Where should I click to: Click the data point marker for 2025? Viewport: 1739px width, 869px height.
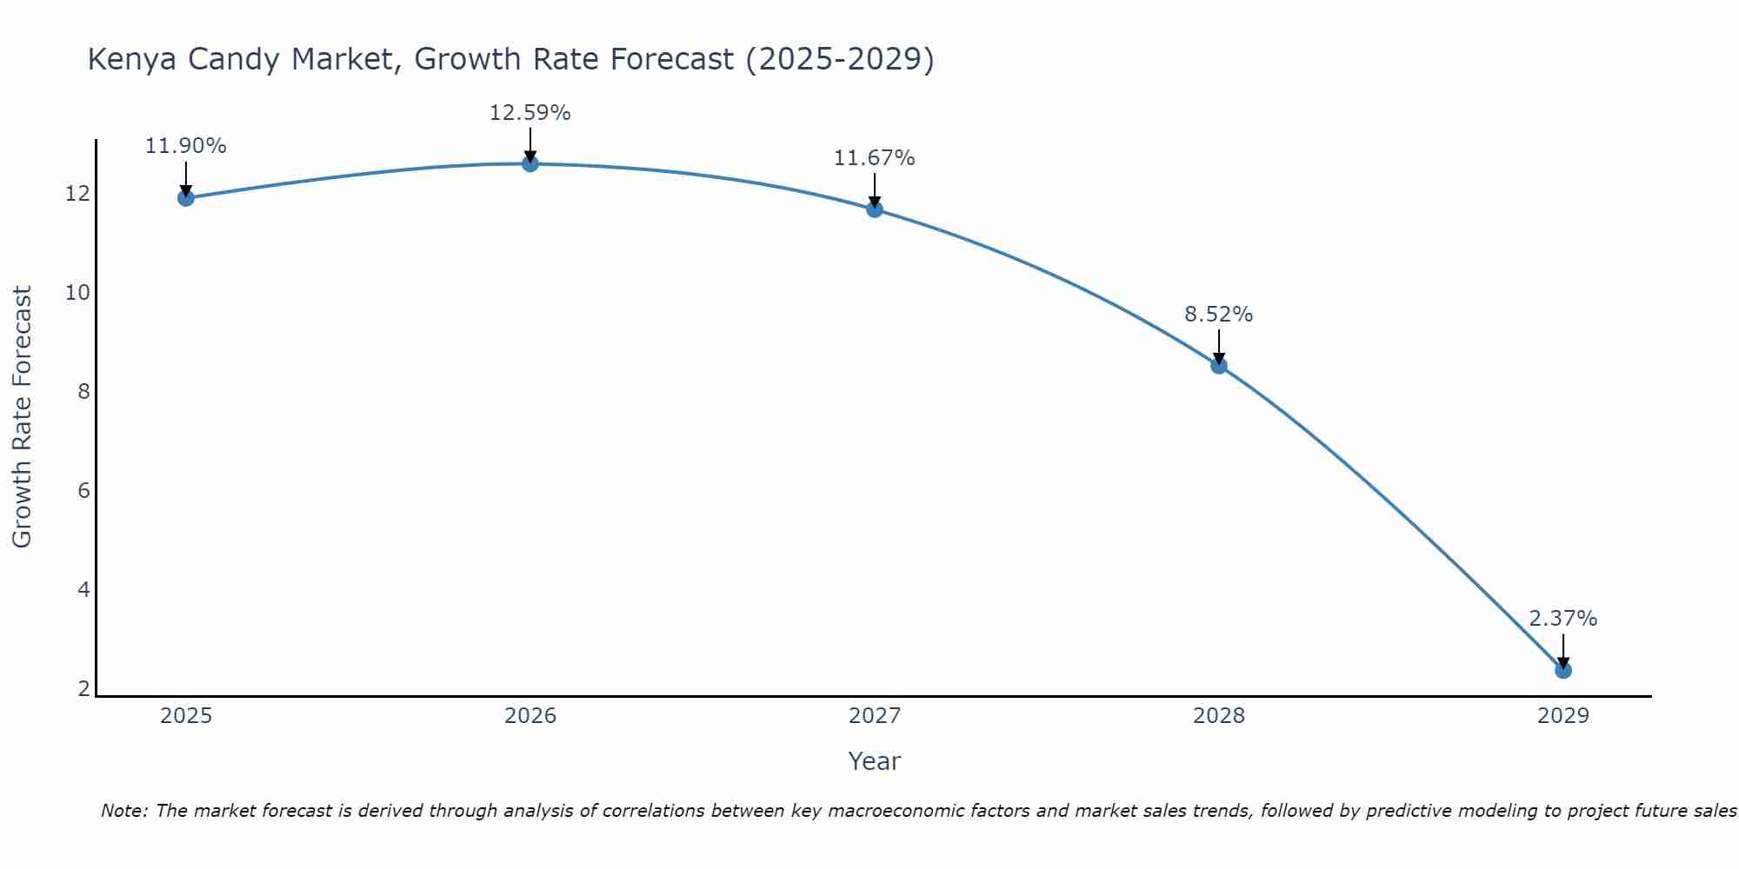(185, 198)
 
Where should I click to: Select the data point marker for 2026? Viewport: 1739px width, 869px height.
(530, 163)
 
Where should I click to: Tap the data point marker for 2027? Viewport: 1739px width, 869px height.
(875, 209)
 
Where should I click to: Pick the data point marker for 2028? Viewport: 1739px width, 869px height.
(1219, 366)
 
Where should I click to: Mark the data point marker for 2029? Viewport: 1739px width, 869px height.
(1563, 670)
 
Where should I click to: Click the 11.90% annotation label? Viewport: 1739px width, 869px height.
(185, 146)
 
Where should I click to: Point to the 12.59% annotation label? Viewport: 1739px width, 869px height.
(530, 113)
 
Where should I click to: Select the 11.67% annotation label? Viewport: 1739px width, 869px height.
(874, 158)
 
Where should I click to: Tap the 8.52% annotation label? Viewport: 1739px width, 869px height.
(1218, 315)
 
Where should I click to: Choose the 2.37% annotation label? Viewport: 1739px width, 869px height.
(1562, 619)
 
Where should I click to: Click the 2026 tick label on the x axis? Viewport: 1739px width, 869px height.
(530, 716)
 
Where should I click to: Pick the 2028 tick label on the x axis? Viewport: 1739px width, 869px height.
(1219, 716)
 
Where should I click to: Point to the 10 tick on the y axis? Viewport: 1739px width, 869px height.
(78, 292)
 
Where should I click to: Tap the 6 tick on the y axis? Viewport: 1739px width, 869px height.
(83, 490)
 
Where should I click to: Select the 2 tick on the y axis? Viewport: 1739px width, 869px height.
(83, 689)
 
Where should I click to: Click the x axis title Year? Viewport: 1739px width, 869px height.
(874, 761)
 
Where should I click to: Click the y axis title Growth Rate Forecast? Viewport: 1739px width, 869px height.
(22, 417)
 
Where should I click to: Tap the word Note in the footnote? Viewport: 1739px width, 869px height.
(125, 811)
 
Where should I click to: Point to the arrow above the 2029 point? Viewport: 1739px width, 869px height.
(1563, 650)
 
